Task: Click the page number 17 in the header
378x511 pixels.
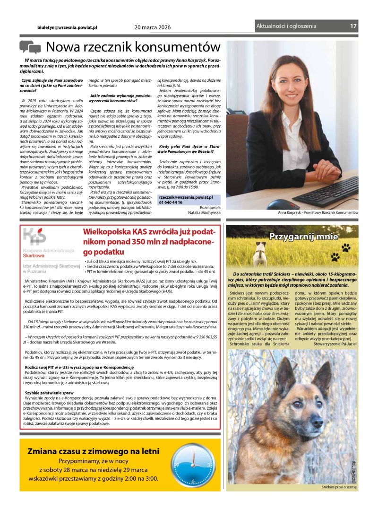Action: pyautogui.click(x=353, y=26)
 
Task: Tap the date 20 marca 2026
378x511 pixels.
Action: pyautogui.click(x=153, y=27)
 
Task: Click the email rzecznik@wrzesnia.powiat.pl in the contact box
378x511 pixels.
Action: pyautogui.click(x=186, y=197)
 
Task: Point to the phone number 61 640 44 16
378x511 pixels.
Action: pyautogui.click(x=171, y=203)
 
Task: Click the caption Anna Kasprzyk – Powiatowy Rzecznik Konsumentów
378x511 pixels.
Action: pyautogui.click(x=318, y=213)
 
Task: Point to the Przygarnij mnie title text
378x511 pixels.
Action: pyautogui.click(x=297, y=237)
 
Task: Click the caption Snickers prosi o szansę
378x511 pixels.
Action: pyautogui.click(x=339, y=487)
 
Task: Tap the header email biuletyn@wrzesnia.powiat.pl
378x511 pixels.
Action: pyautogui.click(x=67, y=27)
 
